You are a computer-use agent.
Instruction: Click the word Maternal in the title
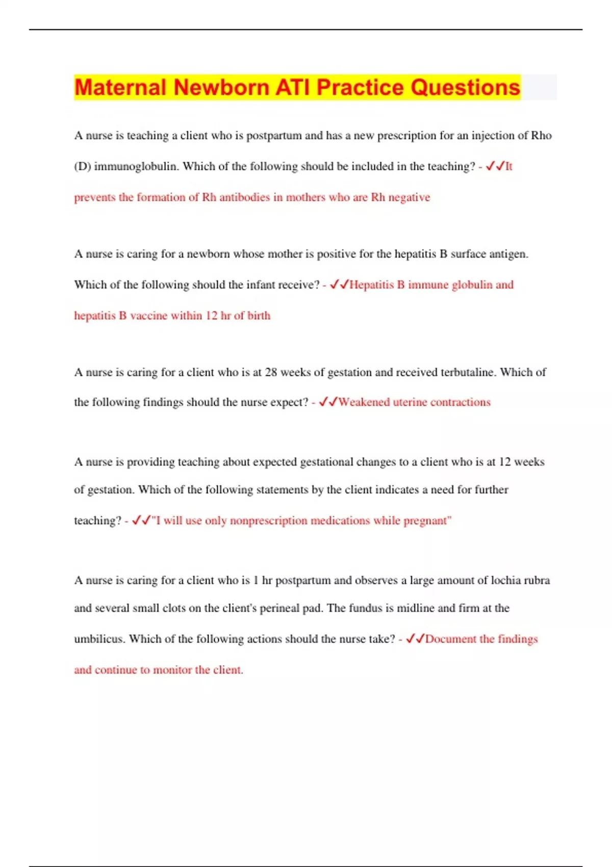tap(120, 87)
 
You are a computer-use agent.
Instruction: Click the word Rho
tap(541, 136)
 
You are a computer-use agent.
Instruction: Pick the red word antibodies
tap(244, 197)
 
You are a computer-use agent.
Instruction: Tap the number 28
tap(271, 372)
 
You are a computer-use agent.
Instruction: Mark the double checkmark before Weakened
tap(328, 402)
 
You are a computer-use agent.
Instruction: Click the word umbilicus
tap(98, 639)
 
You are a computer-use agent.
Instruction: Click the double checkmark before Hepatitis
tap(339, 285)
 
